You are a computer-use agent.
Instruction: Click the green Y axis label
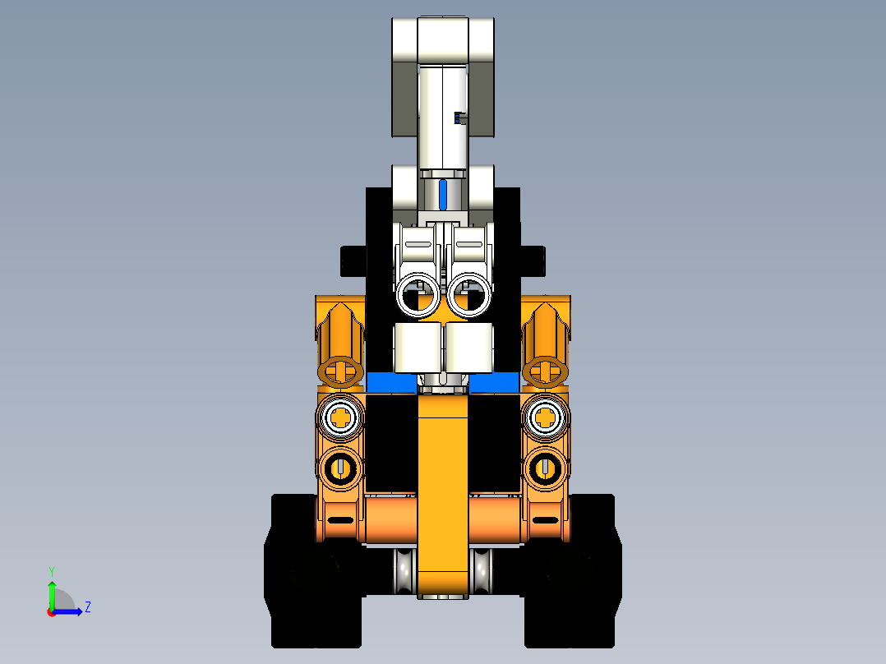tap(51, 571)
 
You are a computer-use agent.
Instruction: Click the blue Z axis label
tap(87, 607)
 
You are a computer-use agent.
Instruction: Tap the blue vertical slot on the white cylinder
tap(444, 195)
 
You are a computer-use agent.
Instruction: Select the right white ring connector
tap(470, 295)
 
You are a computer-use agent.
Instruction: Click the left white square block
tap(418, 347)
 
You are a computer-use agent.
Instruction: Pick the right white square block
tap(469, 347)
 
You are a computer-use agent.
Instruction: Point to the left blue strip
tap(390, 383)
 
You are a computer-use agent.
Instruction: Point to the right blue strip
tap(495, 383)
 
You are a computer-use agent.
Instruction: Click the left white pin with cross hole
tap(340, 418)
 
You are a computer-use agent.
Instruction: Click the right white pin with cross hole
tap(545, 418)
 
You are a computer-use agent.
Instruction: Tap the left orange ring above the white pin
tap(340, 371)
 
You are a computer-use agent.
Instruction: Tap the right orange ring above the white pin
tap(545, 371)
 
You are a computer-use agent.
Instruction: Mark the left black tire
tap(314, 575)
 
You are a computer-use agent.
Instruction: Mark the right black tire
tap(571, 575)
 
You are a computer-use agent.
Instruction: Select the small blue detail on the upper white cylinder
tap(459, 118)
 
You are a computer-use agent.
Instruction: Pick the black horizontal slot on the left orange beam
tap(339, 519)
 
